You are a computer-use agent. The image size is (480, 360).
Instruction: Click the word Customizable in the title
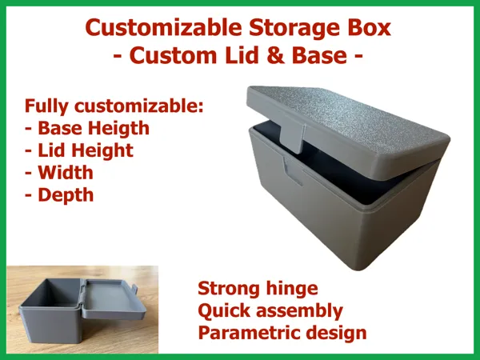click(x=164, y=28)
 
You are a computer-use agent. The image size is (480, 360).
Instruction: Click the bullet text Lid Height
click(x=86, y=151)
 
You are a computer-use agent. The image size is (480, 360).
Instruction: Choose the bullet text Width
click(x=66, y=173)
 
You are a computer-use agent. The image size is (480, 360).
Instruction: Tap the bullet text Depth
click(x=66, y=196)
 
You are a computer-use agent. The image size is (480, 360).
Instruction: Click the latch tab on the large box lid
click(x=292, y=137)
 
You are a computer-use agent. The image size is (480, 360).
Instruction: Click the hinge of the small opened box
click(x=82, y=296)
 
